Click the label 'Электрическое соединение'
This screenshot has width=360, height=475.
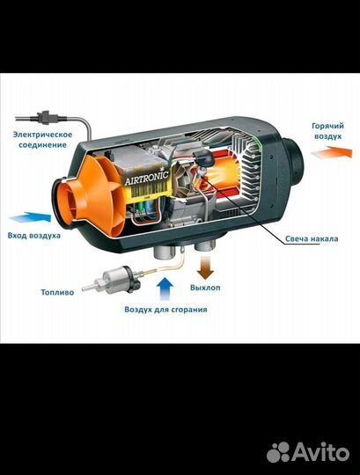[42, 140]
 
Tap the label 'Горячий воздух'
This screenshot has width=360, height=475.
[328, 131]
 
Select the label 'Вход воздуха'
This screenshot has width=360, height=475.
[34, 236]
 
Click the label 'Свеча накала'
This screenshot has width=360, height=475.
[312, 238]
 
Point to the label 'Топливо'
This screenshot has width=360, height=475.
[57, 292]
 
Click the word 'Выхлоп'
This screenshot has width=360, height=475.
[205, 288]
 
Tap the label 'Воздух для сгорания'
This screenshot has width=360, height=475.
[165, 310]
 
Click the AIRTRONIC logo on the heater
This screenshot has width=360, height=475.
[147, 178]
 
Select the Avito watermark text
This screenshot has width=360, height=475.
[320, 453]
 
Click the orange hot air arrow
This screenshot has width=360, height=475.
[332, 152]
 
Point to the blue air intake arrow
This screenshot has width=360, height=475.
[30, 217]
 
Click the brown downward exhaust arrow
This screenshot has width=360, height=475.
[205, 267]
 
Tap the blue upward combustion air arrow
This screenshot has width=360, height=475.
[165, 289]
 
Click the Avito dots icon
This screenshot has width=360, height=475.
[279, 453]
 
